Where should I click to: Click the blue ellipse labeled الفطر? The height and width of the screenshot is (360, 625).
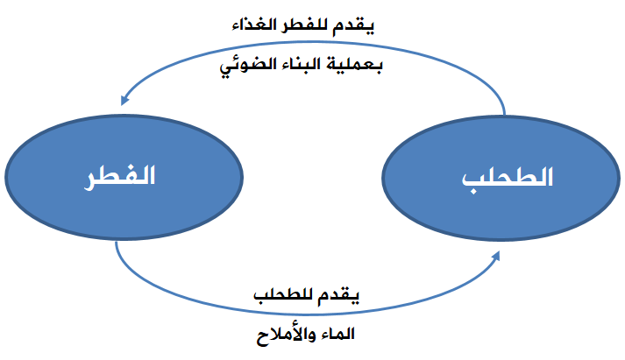[124, 177]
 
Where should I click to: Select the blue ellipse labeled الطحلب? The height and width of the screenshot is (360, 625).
[501, 178]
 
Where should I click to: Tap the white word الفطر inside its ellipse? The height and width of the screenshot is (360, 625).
[119, 176]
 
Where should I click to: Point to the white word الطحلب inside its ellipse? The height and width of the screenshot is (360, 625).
[508, 178]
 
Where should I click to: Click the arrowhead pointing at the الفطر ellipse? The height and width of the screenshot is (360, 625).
[124, 100]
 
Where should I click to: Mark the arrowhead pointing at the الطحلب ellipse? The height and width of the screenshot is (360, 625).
[496, 256]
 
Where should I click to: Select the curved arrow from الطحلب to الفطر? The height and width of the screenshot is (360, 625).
[314, 42]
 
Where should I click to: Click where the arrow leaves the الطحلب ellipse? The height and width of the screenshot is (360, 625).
[505, 116]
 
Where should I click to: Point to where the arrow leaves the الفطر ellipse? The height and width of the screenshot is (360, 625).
[116, 241]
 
